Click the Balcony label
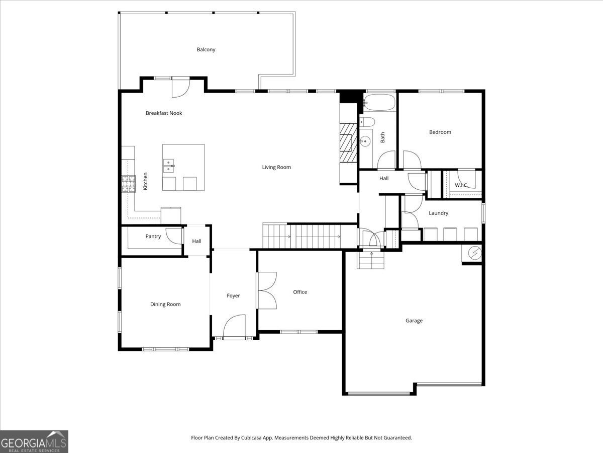click(x=206, y=49)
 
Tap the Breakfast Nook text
click(x=164, y=113)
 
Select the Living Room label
click(x=276, y=167)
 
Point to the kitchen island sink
click(x=169, y=166)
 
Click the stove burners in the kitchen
click(x=129, y=184)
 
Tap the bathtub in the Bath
click(x=379, y=102)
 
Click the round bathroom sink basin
click(x=365, y=141)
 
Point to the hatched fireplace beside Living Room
click(x=348, y=142)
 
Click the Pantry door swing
click(x=174, y=236)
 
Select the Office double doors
click(x=267, y=290)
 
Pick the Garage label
click(x=414, y=321)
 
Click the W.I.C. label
click(x=461, y=185)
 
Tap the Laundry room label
click(x=439, y=213)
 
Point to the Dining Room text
click(x=165, y=304)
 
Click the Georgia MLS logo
click(x=34, y=441)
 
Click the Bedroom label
click(x=440, y=132)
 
